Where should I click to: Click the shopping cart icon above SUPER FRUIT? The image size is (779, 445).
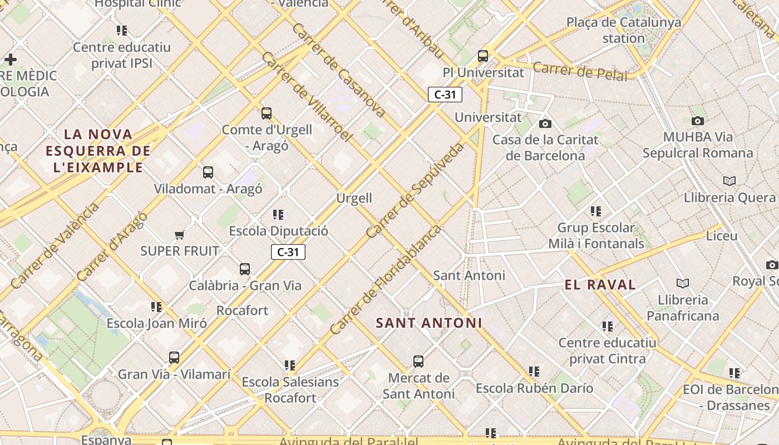[179, 235]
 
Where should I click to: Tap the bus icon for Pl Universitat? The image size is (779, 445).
[483, 56]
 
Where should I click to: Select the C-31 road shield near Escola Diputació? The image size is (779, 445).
[288, 252]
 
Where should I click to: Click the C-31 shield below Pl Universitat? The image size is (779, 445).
[445, 95]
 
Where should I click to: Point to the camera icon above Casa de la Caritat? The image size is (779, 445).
[545, 123]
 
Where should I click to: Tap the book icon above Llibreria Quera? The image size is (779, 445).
[729, 181]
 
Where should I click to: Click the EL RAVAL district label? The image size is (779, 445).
[600, 285]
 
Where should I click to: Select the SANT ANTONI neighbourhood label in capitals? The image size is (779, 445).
[429, 323]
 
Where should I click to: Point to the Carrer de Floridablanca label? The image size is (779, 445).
[385, 280]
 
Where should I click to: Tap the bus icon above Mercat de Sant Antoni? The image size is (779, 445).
[418, 362]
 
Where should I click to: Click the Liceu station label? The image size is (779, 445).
[722, 236]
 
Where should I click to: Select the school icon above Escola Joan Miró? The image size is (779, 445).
[156, 306]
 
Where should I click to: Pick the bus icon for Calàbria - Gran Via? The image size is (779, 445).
[245, 269]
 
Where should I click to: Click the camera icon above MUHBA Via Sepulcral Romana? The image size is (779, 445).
[697, 121]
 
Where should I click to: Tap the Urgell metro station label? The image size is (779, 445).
[354, 198]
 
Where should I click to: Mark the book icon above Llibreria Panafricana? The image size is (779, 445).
[683, 283]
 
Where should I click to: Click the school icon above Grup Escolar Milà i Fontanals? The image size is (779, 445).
[596, 211]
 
